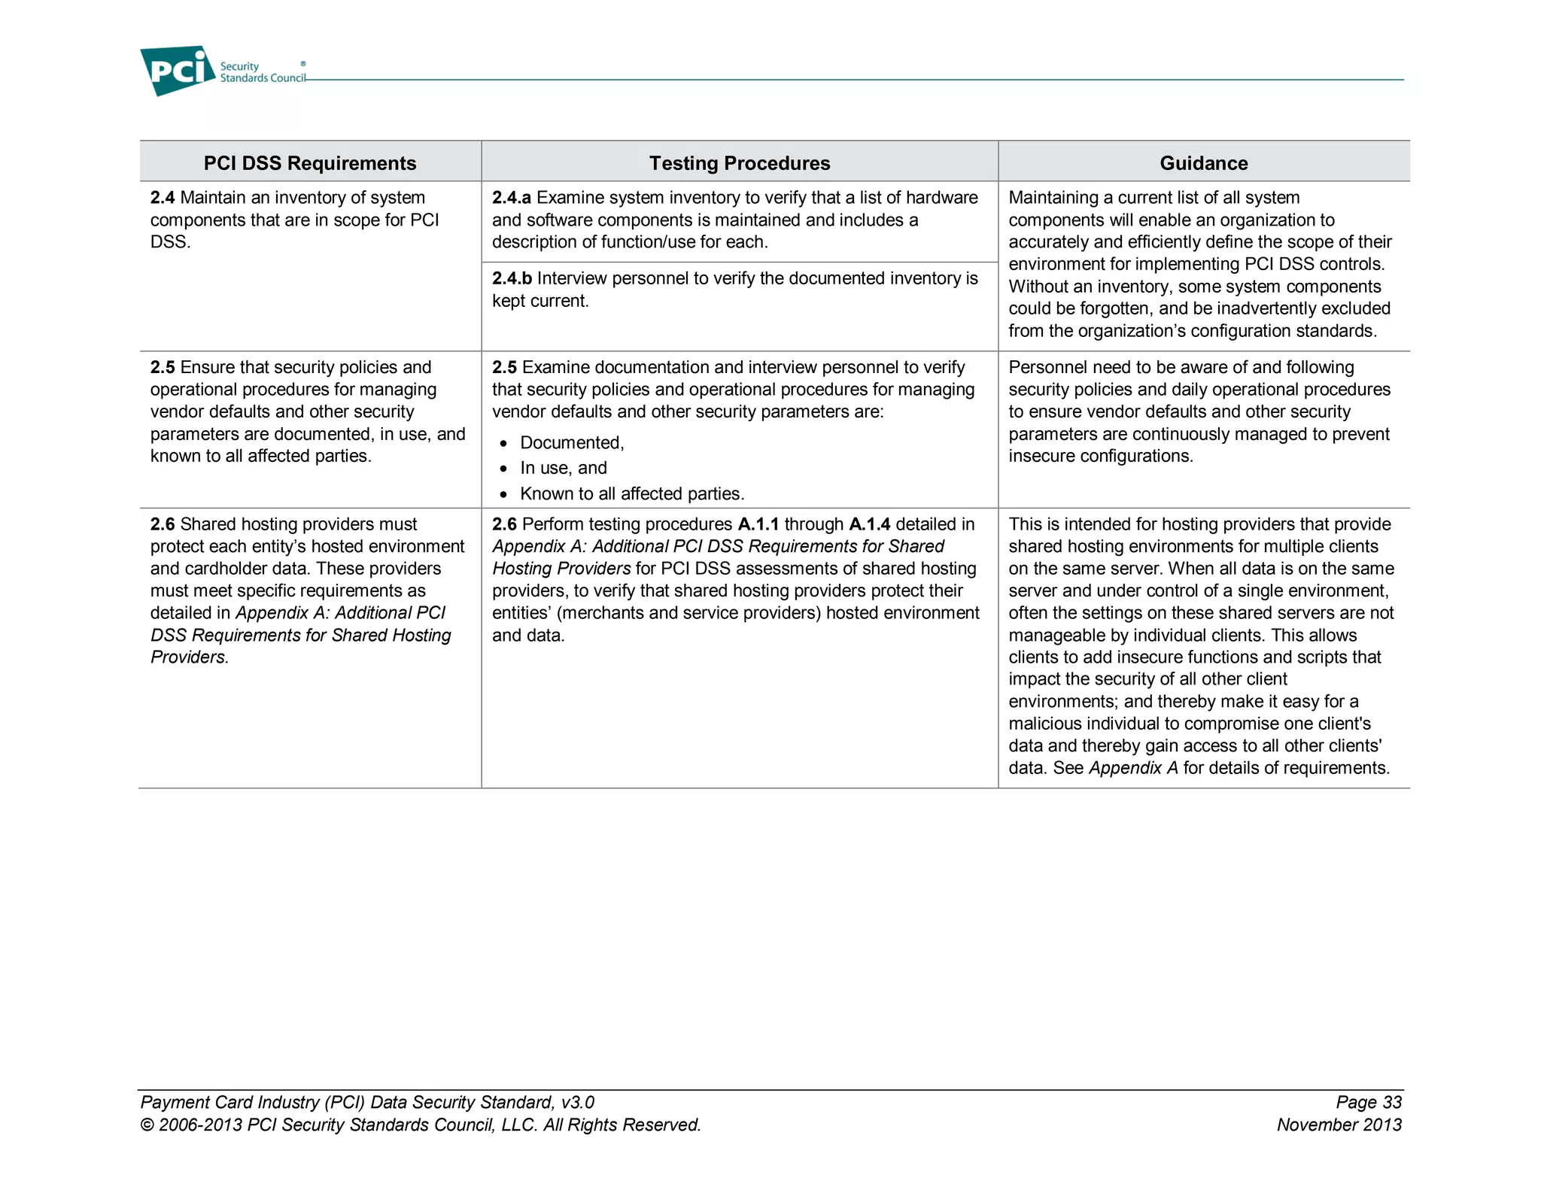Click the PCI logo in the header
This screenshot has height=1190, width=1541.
pyautogui.click(x=178, y=71)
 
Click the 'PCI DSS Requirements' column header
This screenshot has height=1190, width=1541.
pyautogui.click(x=309, y=163)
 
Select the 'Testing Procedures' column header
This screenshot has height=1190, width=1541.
pyautogui.click(x=739, y=163)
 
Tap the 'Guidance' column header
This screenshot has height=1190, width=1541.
pyautogui.click(x=1203, y=163)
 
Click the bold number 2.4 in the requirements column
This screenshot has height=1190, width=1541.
pyautogui.click(x=162, y=198)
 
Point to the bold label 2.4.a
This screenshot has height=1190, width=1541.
pyautogui.click(x=511, y=198)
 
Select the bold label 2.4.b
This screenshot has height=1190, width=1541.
pyautogui.click(x=512, y=279)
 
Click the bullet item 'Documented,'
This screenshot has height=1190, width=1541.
pyautogui.click(x=572, y=443)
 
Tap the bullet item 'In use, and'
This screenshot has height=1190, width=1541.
pyautogui.click(x=563, y=469)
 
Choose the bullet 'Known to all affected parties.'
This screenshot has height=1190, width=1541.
pyautogui.click(x=631, y=494)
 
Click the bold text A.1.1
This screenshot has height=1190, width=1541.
pyautogui.click(x=758, y=524)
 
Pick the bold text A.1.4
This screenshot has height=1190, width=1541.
pyautogui.click(x=869, y=524)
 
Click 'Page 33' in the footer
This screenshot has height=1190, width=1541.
pyautogui.click(x=1368, y=1103)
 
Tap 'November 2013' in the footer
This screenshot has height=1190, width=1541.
pyautogui.click(x=1339, y=1125)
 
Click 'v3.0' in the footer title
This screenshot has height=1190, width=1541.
pyautogui.click(x=577, y=1103)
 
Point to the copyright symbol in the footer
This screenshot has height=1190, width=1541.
pyautogui.click(x=147, y=1125)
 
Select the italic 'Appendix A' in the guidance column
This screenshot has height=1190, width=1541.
pyautogui.click(x=1133, y=768)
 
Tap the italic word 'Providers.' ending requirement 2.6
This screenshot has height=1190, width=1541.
pyautogui.click(x=189, y=657)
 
